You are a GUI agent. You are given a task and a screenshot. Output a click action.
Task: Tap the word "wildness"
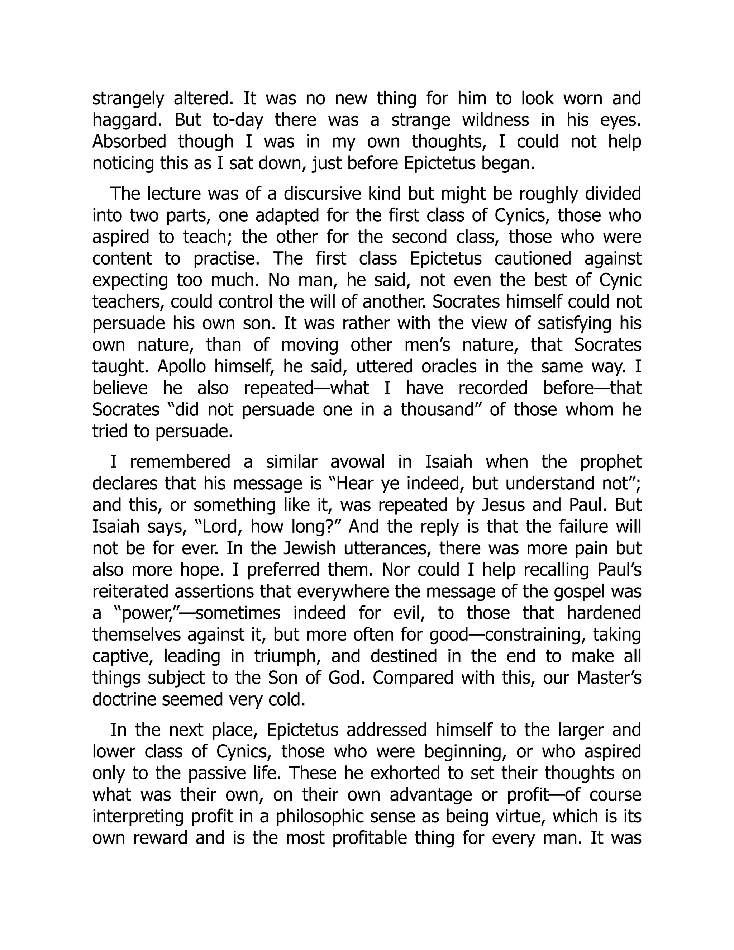point(495,120)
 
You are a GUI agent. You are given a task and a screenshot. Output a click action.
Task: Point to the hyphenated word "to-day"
point(238,120)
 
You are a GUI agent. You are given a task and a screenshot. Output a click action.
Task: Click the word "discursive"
point(322,194)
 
